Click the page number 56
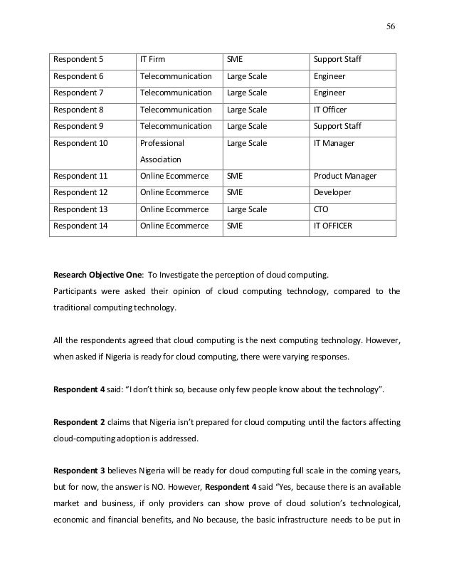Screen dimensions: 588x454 [390, 26]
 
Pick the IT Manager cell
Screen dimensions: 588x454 [334, 143]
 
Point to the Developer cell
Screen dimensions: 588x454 [332, 193]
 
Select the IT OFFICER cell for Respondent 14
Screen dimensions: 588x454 [337, 227]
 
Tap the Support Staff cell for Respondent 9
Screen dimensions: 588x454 [337, 126]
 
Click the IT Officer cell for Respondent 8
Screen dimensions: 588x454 [332, 110]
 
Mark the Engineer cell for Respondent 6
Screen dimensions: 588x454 [329, 75]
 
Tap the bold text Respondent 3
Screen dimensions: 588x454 [80, 472]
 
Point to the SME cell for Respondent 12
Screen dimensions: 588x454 [234, 193]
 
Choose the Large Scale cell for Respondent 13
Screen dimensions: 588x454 [246, 210]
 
